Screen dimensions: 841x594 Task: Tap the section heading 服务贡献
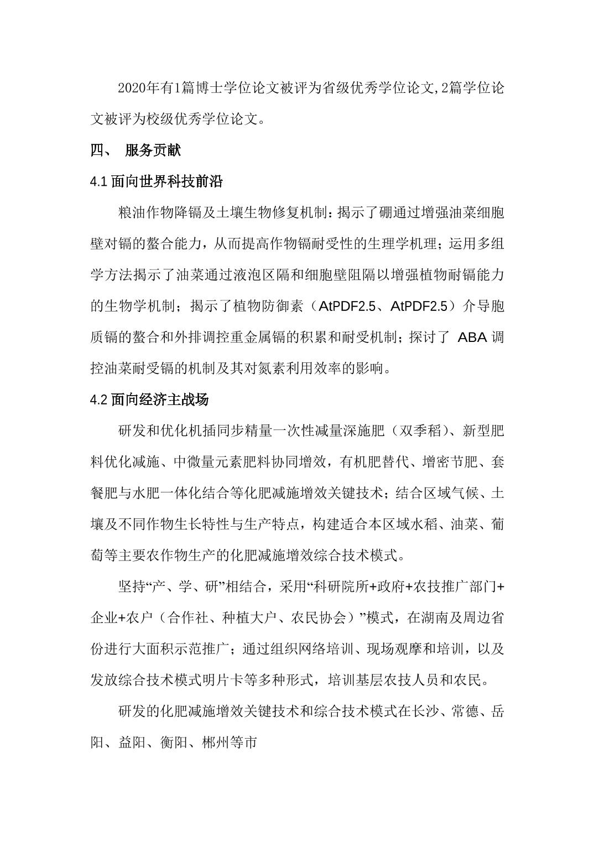(153, 150)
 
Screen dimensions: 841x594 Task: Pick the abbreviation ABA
(472, 337)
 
